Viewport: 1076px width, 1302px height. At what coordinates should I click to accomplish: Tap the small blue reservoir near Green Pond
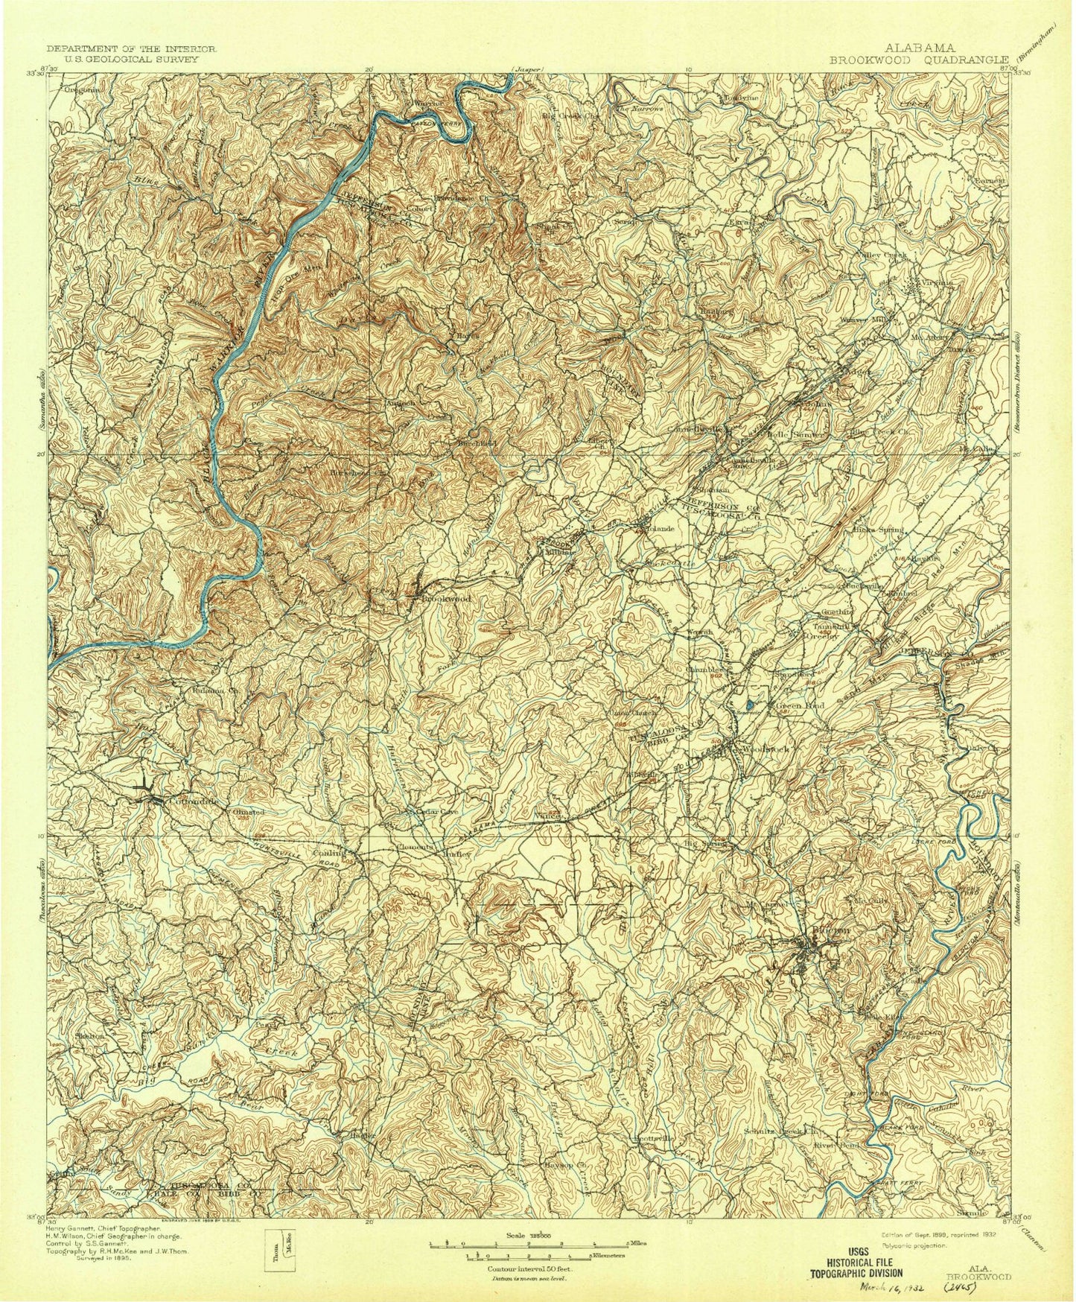click(750, 704)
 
